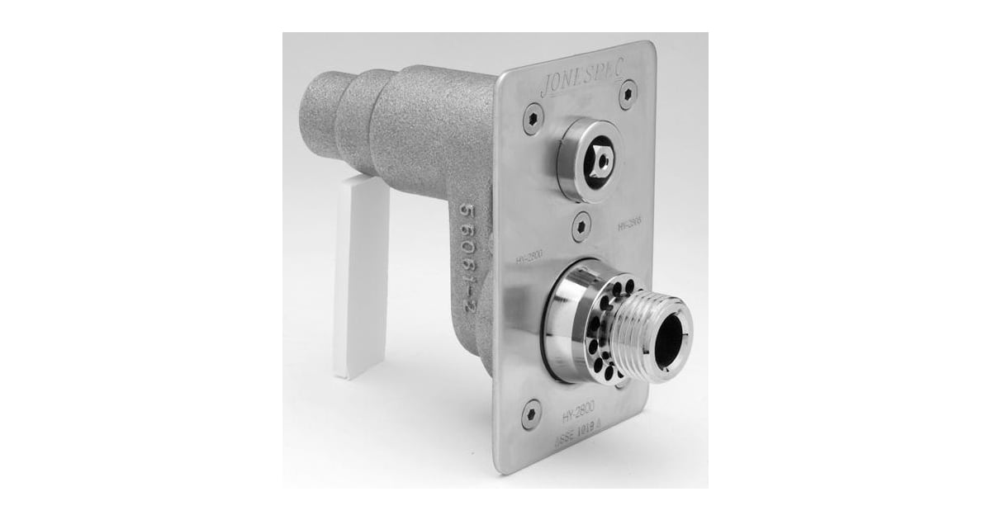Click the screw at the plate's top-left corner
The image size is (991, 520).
pos(525,117)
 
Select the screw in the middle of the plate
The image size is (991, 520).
pos(583,224)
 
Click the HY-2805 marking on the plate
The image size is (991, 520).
pos(628,222)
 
